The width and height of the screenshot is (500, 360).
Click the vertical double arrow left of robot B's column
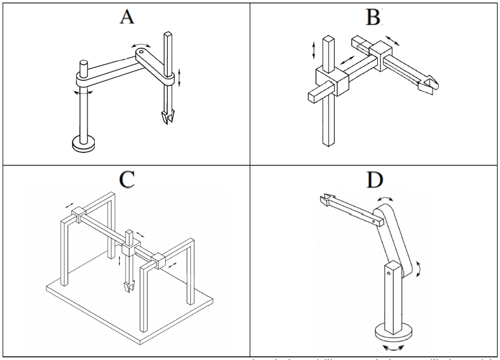click(x=313, y=49)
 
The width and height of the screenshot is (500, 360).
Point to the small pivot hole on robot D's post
click(x=388, y=272)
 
